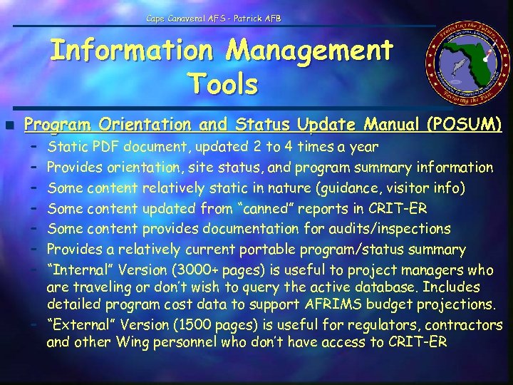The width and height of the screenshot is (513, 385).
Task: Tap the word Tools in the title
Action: point(224,84)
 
